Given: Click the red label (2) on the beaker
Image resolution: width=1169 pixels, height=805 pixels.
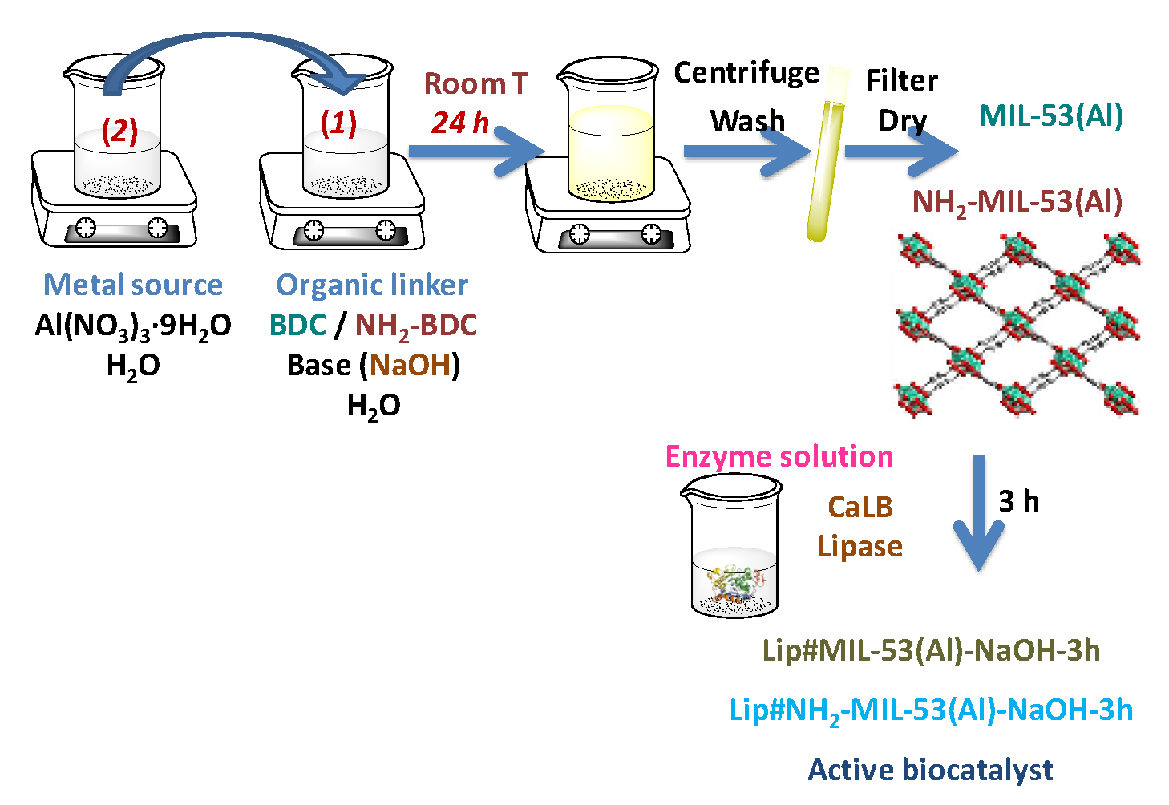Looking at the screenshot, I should point(119,130).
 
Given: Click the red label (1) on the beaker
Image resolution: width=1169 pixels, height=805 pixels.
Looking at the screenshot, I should point(338,123).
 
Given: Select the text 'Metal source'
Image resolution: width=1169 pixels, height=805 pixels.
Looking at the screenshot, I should point(133,285).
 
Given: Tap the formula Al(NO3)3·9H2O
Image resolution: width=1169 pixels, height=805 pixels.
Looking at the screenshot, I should point(133,326).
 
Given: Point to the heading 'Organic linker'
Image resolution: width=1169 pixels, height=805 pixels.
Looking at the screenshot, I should point(372,285).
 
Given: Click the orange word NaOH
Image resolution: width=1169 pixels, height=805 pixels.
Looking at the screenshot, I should point(411,366).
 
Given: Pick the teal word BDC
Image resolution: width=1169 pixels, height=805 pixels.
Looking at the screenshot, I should point(297,326).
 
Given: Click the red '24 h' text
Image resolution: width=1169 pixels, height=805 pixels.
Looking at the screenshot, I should point(460,123).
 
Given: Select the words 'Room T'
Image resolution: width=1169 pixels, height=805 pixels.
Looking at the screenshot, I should point(475,83).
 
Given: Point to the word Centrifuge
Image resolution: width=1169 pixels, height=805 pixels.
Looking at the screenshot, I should point(746,74).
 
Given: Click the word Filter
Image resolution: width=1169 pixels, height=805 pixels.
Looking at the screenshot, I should point(902,80).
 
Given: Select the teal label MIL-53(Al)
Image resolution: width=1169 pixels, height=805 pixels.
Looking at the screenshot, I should point(1050,116).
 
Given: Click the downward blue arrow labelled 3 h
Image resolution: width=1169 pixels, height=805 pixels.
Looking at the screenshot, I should point(978,513).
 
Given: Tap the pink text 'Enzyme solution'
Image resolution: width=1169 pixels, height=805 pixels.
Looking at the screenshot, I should point(779,456).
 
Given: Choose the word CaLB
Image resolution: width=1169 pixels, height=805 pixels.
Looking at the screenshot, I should point(860,507).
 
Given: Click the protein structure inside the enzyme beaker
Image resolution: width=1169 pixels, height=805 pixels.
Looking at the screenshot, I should point(734,584).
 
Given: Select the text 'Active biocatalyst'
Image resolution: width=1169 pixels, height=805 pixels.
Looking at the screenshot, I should point(930,770).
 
